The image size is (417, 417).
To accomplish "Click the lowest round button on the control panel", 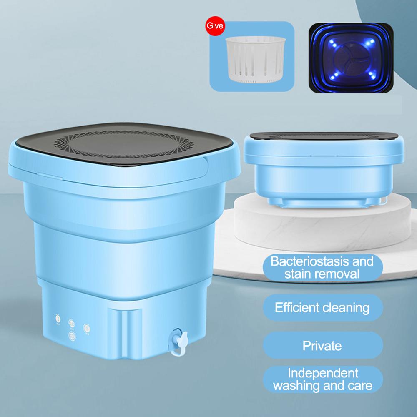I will pos(72,334).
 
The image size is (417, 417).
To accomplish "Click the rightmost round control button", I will pos(86,327).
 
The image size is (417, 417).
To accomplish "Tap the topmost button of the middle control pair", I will pos(72,322).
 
